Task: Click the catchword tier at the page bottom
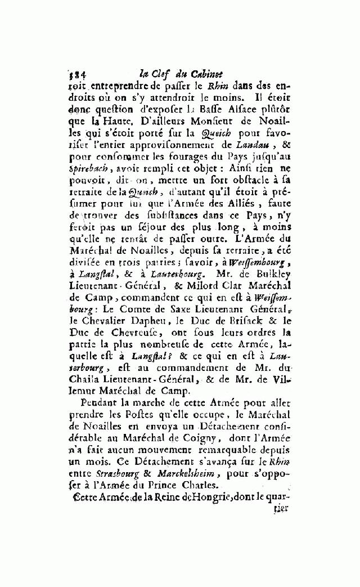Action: click(x=281, y=507)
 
